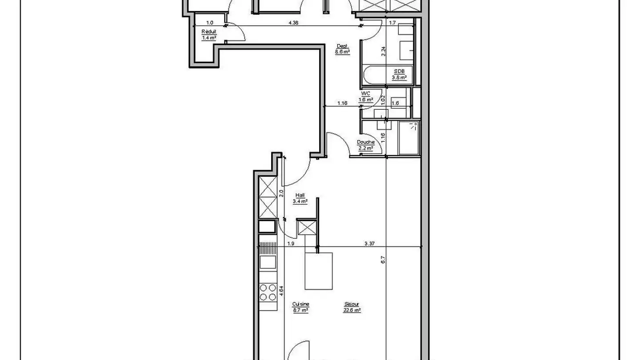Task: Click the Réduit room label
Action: click(x=209, y=32)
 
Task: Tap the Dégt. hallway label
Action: click(x=342, y=46)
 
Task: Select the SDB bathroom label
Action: click(x=399, y=71)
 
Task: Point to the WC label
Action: click(x=366, y=94)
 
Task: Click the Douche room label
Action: click(x=366, y=142)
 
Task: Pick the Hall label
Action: click(x=300, y=195)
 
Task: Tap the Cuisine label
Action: click(x=300, y=304)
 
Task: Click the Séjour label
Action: click(x=352, y=304)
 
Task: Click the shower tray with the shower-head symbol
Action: click(x=409, y=138)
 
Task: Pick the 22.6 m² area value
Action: click(x=352, y=310)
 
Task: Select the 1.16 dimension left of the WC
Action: click(x=342, y=104)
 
